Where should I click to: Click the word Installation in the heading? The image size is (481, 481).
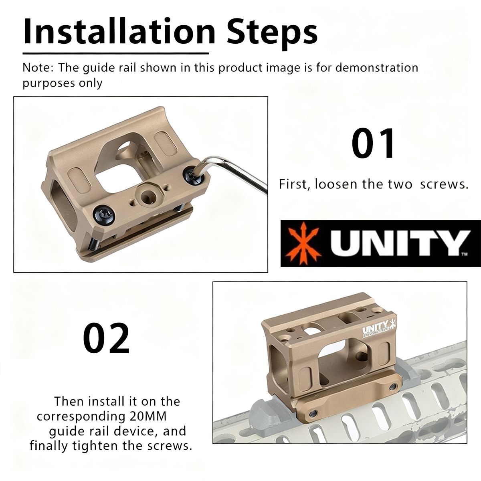point(119,31)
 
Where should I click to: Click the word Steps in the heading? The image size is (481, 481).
point(272,34)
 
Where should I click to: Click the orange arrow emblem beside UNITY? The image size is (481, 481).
point(303,243)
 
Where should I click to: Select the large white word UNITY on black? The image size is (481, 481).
point(399,243)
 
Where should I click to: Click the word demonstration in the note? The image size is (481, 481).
point(377,68)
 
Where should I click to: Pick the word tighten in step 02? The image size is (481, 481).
point(97,446)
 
